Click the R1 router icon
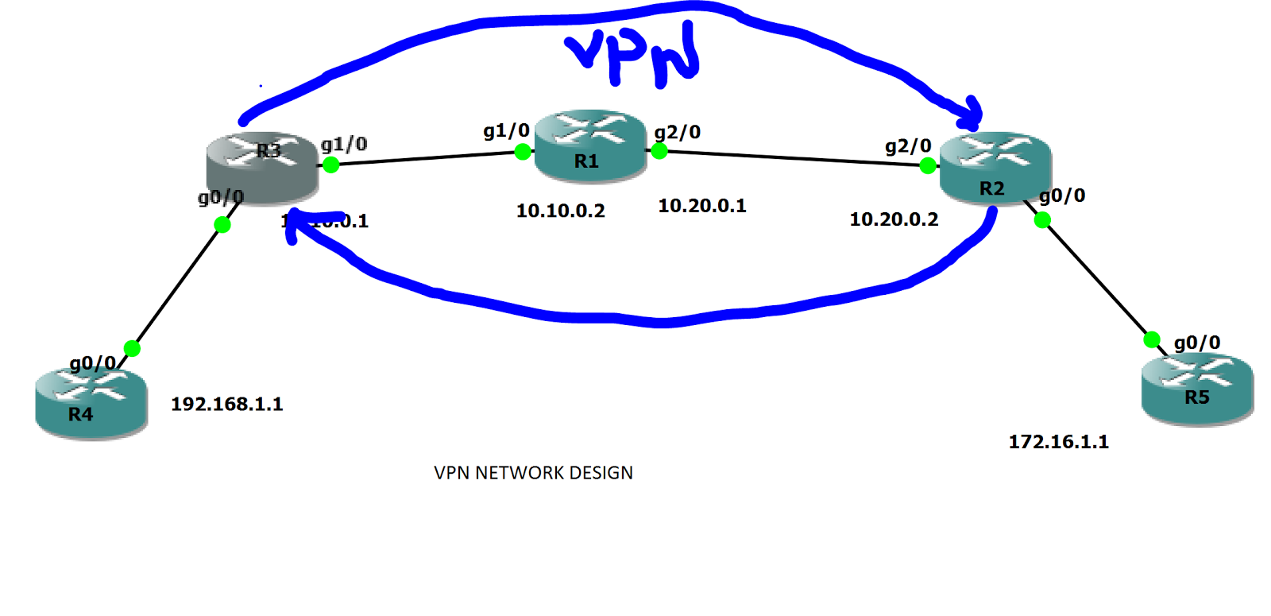[589, 145]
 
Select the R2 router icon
[995, 168]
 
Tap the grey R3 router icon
[262, 168]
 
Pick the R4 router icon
[91, 402]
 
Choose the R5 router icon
[1197, 389]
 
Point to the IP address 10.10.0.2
[560, 211]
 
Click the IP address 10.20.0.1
[702, 206]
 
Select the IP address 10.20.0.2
[894, 219]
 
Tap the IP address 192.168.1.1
[227, 404]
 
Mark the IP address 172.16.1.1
[1058, 442]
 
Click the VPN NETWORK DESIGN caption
[533, 473]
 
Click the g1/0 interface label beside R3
[344, 144]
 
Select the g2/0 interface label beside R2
[908, 146]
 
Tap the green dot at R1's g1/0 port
[523, 152]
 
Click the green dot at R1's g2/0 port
[659, 150]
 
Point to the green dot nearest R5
[1152, 340]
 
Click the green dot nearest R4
[133, 348]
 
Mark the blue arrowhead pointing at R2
[972, 115]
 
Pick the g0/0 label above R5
[1197, 343]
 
